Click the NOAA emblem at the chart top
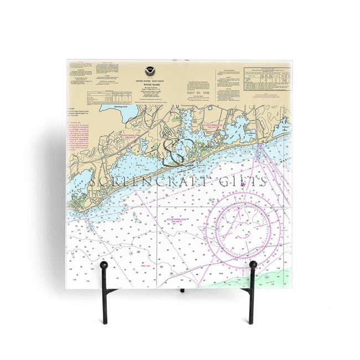point(149,71)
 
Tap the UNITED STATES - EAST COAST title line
point(149,81)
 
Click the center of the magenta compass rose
point(243,227)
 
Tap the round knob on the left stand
point(104,266)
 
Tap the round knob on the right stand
point(253,265)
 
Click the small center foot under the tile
point(181,289)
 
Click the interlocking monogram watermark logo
point(178,152)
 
